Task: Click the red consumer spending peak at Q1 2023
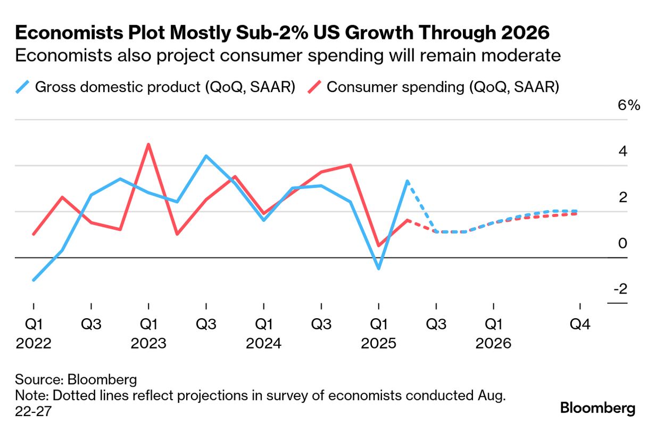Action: (x=148, y=144)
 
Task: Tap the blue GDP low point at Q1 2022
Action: (x=34, y=280)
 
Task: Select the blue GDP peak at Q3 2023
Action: (x=206, y=156)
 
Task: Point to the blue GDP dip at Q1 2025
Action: (x=378, y=269)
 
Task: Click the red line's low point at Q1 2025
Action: (x=378, y=246)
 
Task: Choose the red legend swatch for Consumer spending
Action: (x=315, y=87)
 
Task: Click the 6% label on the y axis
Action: (x=628, y=105)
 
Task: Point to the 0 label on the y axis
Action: (x=623, y=244)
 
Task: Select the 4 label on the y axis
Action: (x=623, y=152)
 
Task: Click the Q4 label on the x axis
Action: (x=580, y=324)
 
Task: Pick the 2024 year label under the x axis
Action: (x=263, y=343)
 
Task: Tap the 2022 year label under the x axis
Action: (x=34, y=343)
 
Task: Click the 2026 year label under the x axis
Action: (x=493, y=343)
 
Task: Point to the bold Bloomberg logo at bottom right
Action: (x=598, y=409)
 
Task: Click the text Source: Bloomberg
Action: (x=76, y=380)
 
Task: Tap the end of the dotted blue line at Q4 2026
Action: (x=578, y=211)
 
